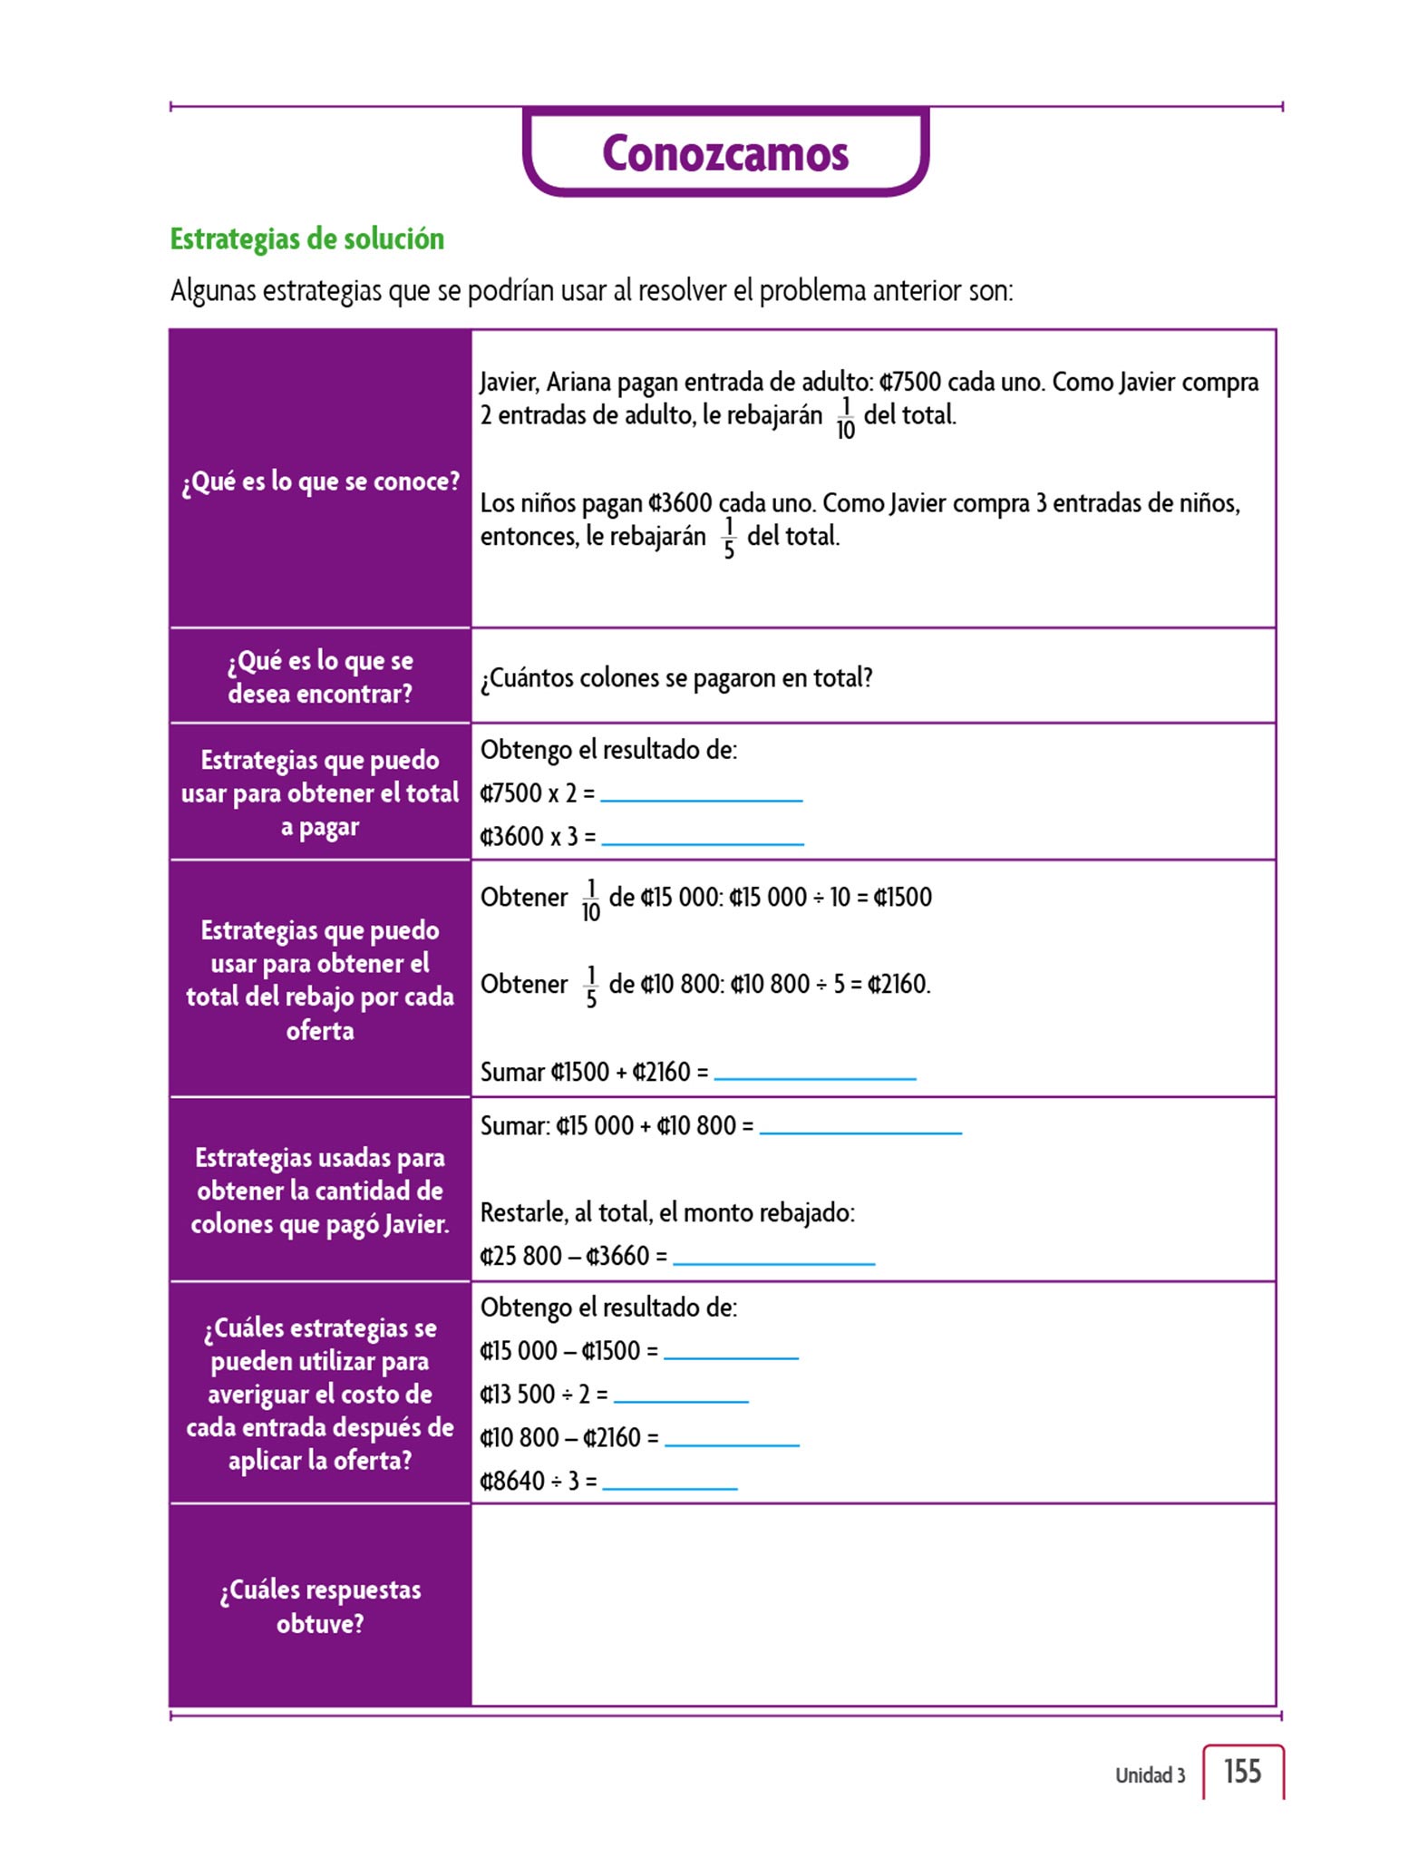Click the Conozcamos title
[725, 153]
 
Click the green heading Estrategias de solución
[307, 238]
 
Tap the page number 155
[1242, 1771]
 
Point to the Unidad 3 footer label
[1150, 1774]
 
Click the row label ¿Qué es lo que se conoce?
[321, 481]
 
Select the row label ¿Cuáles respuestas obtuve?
[320, 1606]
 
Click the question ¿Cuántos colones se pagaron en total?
[676, 678]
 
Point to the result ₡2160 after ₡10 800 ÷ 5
[898, 984]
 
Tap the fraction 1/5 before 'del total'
[729, 538]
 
